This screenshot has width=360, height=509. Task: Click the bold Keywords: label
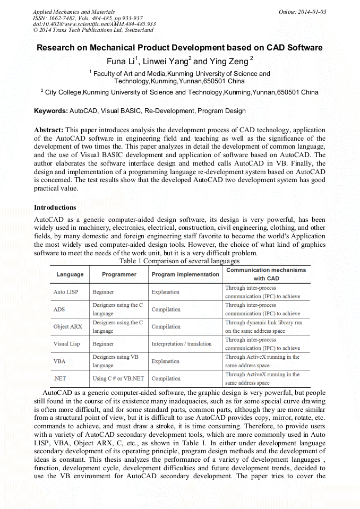point(51,111)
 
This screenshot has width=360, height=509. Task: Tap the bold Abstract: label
point(49,130)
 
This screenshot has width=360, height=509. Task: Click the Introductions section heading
point(55,208)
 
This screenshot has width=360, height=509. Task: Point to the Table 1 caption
point(179,261)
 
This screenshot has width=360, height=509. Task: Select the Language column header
point(70,274)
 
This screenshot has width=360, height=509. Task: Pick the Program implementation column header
point(185,274)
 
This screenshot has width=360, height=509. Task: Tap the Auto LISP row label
point(66,292)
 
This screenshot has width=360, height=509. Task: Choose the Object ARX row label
point(68,326)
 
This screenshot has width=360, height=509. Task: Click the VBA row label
point(59,361)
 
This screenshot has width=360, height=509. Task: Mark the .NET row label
point(59,378)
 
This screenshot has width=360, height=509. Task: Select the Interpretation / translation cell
point(182,344)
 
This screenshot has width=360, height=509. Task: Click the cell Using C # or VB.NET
point(118,378)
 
